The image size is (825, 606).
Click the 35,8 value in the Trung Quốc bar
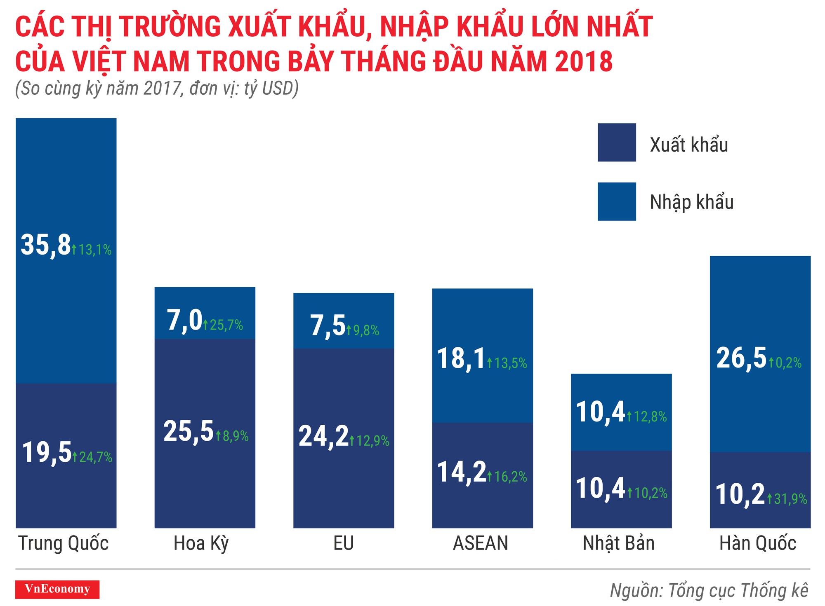click(x=45, y=246)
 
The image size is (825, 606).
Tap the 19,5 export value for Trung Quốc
click(x=47, y=453)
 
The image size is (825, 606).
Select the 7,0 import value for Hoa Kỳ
click(x=184, y=321)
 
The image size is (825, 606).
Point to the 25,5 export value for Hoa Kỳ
click(x=188, y=432)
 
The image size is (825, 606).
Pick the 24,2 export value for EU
click(x=323, y=436)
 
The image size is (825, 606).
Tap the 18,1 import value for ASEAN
click(x=461, y=359)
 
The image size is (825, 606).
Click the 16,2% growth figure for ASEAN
click(x=510, y=477)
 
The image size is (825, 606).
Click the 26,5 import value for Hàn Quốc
click(x=741, y=358)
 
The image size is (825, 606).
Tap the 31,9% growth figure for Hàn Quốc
click(x=790, y=499)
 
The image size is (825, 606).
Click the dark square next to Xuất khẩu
click(x=616, y=143)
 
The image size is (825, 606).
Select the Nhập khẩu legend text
click(x=691, y=202)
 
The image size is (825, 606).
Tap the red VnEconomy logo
click(x=57, y=589)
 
